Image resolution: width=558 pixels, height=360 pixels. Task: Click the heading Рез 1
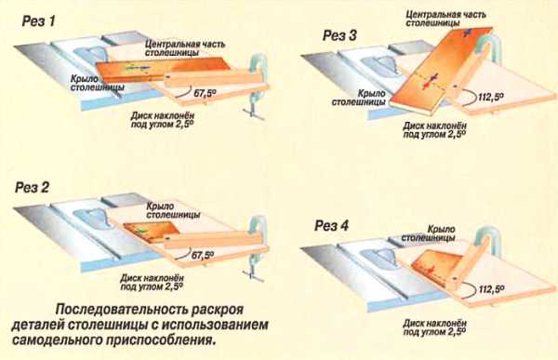point(39,21)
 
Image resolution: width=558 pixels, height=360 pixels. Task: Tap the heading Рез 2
point(32,188)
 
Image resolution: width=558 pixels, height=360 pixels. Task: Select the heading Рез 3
point(339,36)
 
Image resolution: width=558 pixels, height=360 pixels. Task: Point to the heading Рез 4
point(331,226)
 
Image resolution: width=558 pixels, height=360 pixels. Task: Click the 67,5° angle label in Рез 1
point(205,94)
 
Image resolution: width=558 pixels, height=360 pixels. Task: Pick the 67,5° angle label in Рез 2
point(203,255)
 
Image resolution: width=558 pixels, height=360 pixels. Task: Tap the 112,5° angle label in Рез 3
point(491,97)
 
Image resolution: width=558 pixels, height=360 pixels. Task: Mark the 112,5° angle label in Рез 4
point(491,289)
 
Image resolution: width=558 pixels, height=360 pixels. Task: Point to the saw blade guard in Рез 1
point(92,54)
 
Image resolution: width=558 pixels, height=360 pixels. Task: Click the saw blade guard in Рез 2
point(90,218)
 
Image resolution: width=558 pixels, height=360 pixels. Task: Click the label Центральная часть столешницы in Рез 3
point(445,19)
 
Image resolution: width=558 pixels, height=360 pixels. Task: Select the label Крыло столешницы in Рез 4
point(429,233)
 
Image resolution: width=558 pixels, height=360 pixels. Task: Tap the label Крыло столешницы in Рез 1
point(97,83)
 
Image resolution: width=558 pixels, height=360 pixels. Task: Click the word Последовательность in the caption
point(120,310)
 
